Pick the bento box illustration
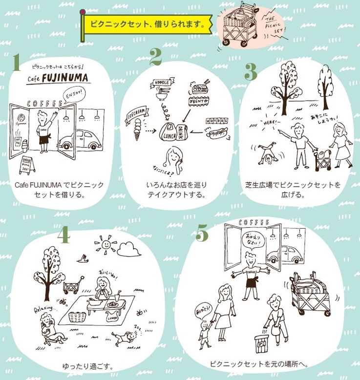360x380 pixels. coord(199,90)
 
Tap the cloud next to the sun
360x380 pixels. coord(128,250)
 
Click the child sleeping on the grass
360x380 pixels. coord(125,336)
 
